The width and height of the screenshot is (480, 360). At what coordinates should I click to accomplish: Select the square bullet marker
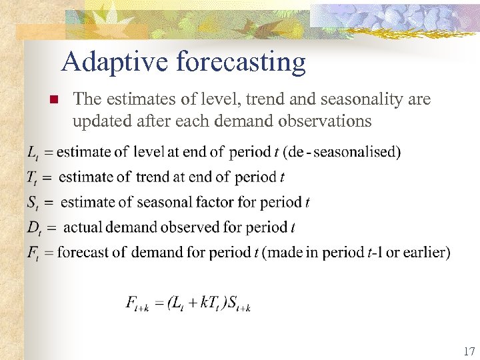pyautogui.click(x=55, y=100)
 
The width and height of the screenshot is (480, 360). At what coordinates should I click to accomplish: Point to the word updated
pyautogui.click(x=99, y=121)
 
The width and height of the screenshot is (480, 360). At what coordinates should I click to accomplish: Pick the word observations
pyautogui.click(x=329, y=121)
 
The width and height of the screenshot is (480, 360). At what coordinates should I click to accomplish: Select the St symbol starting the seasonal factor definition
pyautogui.click(x=33, y=203)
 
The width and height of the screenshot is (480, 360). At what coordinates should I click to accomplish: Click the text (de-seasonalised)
pyautogui.click(x=342, y=152)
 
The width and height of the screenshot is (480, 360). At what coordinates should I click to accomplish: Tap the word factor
pyautogui.click(x=217, y=202)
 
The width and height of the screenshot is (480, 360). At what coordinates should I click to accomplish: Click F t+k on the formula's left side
pyautogui.click(x=137, y=304)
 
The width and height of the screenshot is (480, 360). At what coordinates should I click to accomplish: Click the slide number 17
pyautogui.click(x=467, y=351)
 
